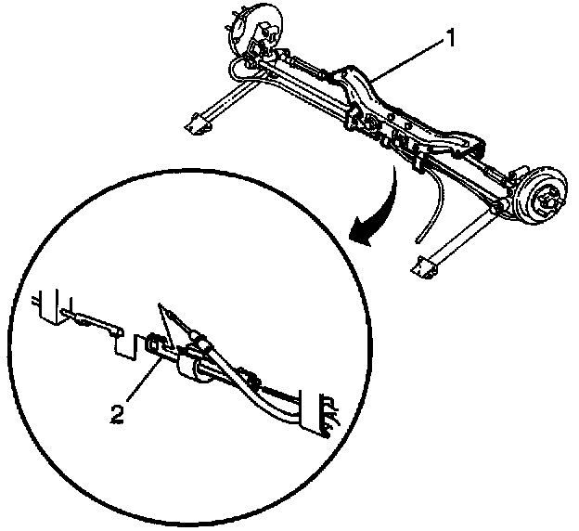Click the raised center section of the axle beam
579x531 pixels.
(371, 88)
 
